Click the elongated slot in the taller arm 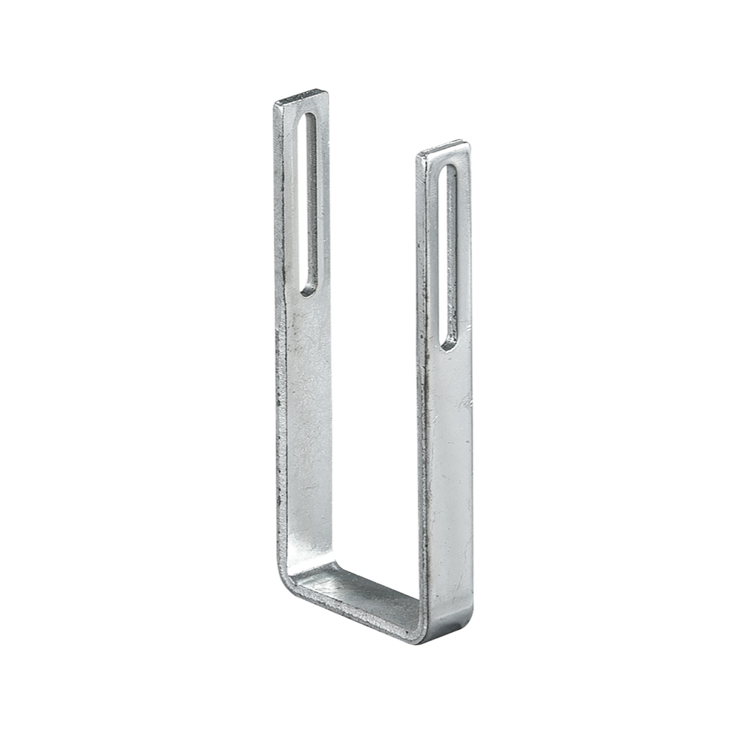[x=308, y=204]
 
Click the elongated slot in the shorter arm [x=448, y=256]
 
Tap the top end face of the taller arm [x=301, y=96]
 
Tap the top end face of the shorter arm [x=442, y=148]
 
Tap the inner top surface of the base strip [x=356, y=586]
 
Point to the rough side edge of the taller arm [x=280, y=371]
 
